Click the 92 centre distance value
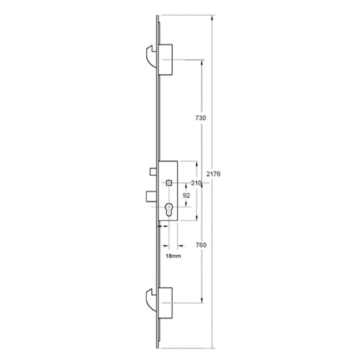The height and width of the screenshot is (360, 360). click(186, 195)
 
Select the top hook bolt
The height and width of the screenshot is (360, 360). click(150, 55)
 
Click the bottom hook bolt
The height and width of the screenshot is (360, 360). click(150, 300)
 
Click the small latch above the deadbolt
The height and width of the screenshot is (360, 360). click(153, 171)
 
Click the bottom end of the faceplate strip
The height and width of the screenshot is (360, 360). click(158, 343)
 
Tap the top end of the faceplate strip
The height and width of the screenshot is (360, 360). click(158, 13)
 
